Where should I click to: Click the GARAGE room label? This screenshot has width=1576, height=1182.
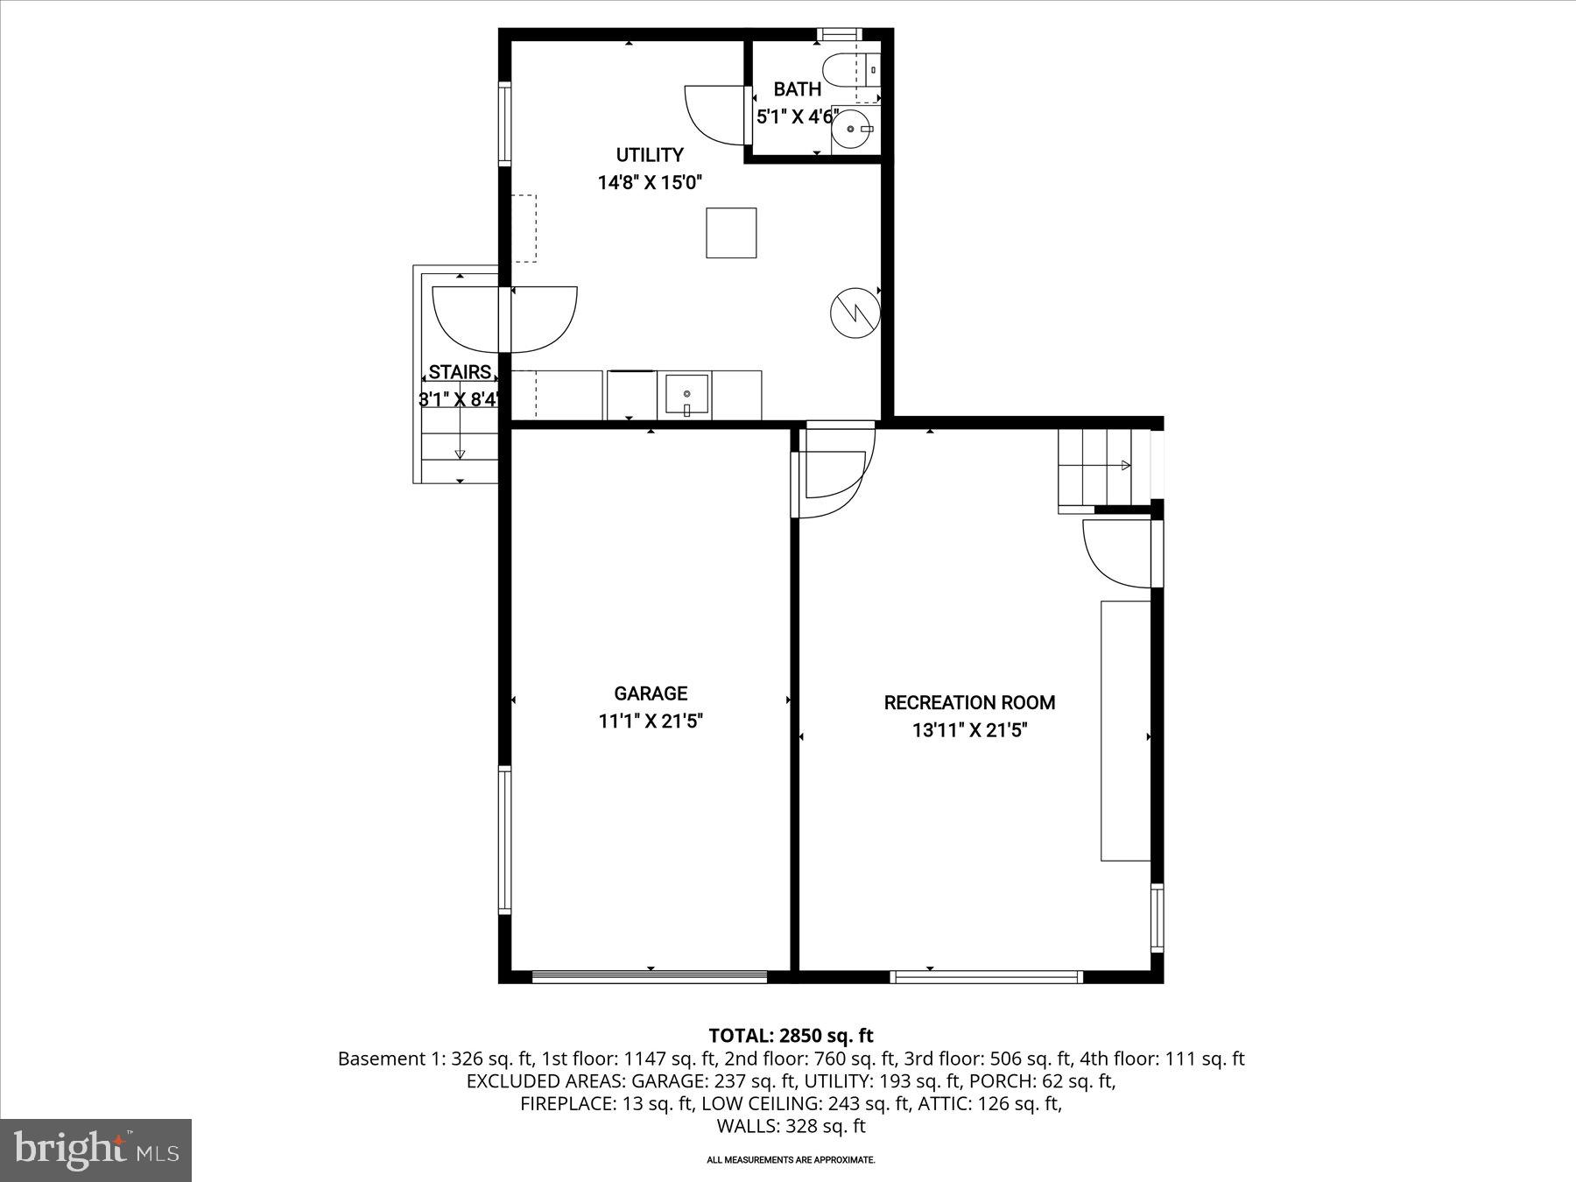click(650, 693)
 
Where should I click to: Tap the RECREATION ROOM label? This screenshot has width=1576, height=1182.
click(969, 702)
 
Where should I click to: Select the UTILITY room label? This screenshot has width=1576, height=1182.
click(650, 155)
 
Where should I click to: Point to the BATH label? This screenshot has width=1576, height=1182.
click(798, 88)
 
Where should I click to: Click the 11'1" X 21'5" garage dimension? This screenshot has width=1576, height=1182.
click(650, 721)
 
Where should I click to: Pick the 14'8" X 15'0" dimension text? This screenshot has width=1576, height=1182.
click(650, 183)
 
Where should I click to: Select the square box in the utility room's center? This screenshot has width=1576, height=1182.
click(731, 232)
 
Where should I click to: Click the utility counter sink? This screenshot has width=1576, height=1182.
click(686, 396)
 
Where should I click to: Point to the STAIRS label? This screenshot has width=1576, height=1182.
click(460, 372)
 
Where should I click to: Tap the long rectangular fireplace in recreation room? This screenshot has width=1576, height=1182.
click(1125, 730)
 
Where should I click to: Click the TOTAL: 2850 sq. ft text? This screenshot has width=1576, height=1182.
click(791, 1036)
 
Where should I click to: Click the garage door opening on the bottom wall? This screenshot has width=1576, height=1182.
click(650, 975)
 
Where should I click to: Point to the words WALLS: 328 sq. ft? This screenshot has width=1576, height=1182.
click(791, 1126)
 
